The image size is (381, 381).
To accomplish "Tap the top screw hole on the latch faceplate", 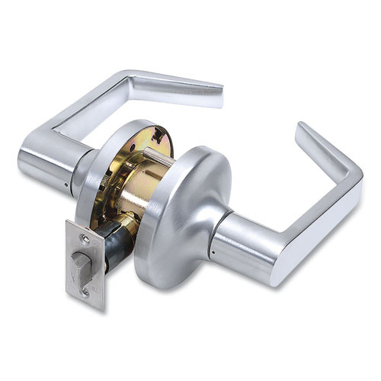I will tap(85, 239).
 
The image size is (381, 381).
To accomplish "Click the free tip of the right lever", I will tap(305, 131).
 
